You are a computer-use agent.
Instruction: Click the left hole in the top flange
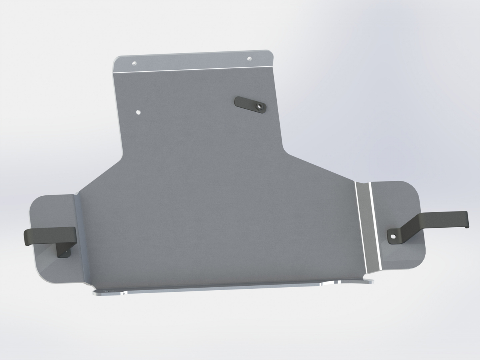click(x=134, y=63)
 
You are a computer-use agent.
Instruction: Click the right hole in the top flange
click(x=249, y=58)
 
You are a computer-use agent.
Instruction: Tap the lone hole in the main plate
click(x=139, y=112)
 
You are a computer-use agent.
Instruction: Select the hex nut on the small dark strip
click(x=258, y=106)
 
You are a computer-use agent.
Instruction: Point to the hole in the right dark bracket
click(x=392, y=236)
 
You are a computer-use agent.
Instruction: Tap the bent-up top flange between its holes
click(x=191, y=61)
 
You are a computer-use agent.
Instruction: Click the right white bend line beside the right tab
click(x=373, y=225)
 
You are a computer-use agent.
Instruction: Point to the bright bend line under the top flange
click(x=195, y=70)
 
